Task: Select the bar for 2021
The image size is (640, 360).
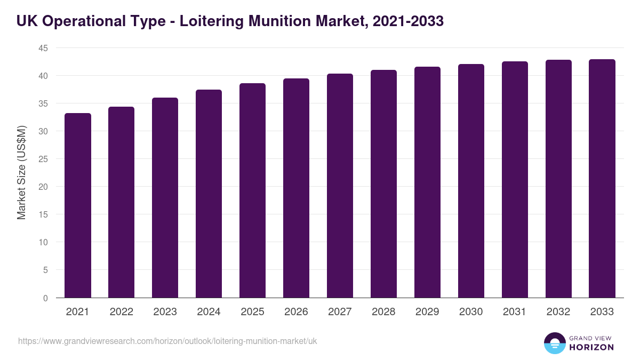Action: click(x=78, y=205)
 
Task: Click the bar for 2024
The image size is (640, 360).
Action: click(x=209, y=194)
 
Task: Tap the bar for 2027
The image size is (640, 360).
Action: click(x=340, y=186)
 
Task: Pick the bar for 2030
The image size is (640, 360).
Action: click(x=471, y=181)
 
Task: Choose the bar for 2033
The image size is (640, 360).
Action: click(x=602, y=179)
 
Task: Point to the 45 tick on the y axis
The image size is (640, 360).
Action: click(x=43, y=48)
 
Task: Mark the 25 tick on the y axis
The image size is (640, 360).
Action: click(x=43, y=159)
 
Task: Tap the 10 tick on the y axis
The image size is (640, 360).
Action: click(x=43, y=242)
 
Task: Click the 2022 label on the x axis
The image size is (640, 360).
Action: click(x=122, y=312)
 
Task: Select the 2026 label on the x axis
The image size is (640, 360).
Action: click(x=296, y=312)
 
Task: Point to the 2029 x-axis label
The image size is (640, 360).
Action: click(x=427, y=312)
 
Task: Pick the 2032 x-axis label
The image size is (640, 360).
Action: click(x=558, y=312)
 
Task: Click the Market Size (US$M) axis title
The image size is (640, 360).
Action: click(x=21, y=172)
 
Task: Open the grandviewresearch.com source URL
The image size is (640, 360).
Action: click(x=167, y=341)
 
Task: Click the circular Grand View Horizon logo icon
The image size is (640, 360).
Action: click(x=554, y=343)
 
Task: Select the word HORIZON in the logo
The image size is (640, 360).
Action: click(x=591, y=347)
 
